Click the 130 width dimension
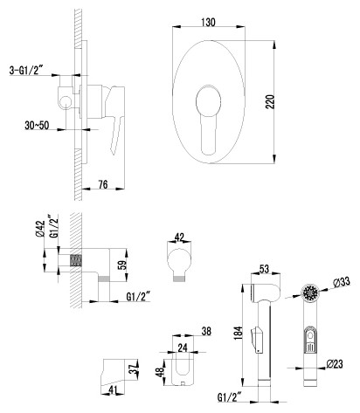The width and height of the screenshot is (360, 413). (208, 23)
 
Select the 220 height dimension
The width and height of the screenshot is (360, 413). (270, 101)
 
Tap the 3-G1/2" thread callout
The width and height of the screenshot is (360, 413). (26, 71)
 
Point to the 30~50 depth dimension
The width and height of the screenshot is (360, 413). (37, 126)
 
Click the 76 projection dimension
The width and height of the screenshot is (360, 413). (103, 184)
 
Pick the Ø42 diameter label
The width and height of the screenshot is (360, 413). (40, 229)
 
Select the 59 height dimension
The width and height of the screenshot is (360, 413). (123, 265)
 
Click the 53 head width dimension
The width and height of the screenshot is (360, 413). (264, 269)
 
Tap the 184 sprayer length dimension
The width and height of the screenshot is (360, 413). (239, 333)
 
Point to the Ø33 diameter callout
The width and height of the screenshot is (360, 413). (341, 282)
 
